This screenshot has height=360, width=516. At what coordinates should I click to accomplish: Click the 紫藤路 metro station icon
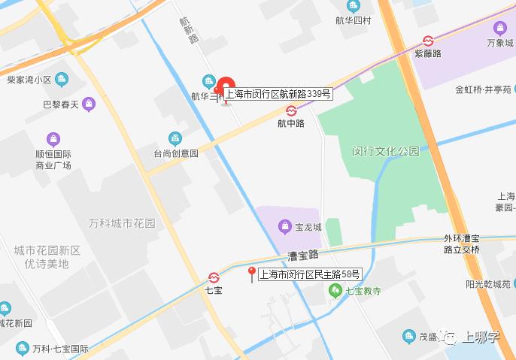(x=428, y=41)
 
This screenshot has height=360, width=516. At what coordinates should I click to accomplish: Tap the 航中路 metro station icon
(x=291, y=110)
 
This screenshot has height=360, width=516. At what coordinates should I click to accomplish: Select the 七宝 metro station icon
(x=214, y=276)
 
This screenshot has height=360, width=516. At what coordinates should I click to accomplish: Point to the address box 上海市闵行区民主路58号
(x=310, y=275)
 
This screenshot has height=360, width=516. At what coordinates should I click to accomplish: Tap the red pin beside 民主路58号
(x=252, y=274)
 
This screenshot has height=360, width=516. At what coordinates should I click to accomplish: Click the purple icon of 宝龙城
(x=285, y=225)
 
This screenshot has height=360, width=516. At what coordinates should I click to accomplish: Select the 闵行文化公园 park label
(x=386, y=151)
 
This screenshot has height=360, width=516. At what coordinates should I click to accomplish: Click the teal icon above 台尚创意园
(x=175, y=138)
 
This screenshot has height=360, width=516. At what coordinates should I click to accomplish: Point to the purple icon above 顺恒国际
(x=53, y=139)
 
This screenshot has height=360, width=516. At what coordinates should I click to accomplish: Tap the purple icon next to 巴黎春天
(x=90, y=104)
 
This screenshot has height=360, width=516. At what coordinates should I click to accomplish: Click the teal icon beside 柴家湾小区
(x=62, y=79)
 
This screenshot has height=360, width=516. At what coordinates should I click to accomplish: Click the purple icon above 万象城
(x=499, y=28)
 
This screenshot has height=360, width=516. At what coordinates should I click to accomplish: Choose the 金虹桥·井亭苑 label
(x=483, y=89)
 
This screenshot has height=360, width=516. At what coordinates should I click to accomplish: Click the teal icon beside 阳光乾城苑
(x=504, y=284)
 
